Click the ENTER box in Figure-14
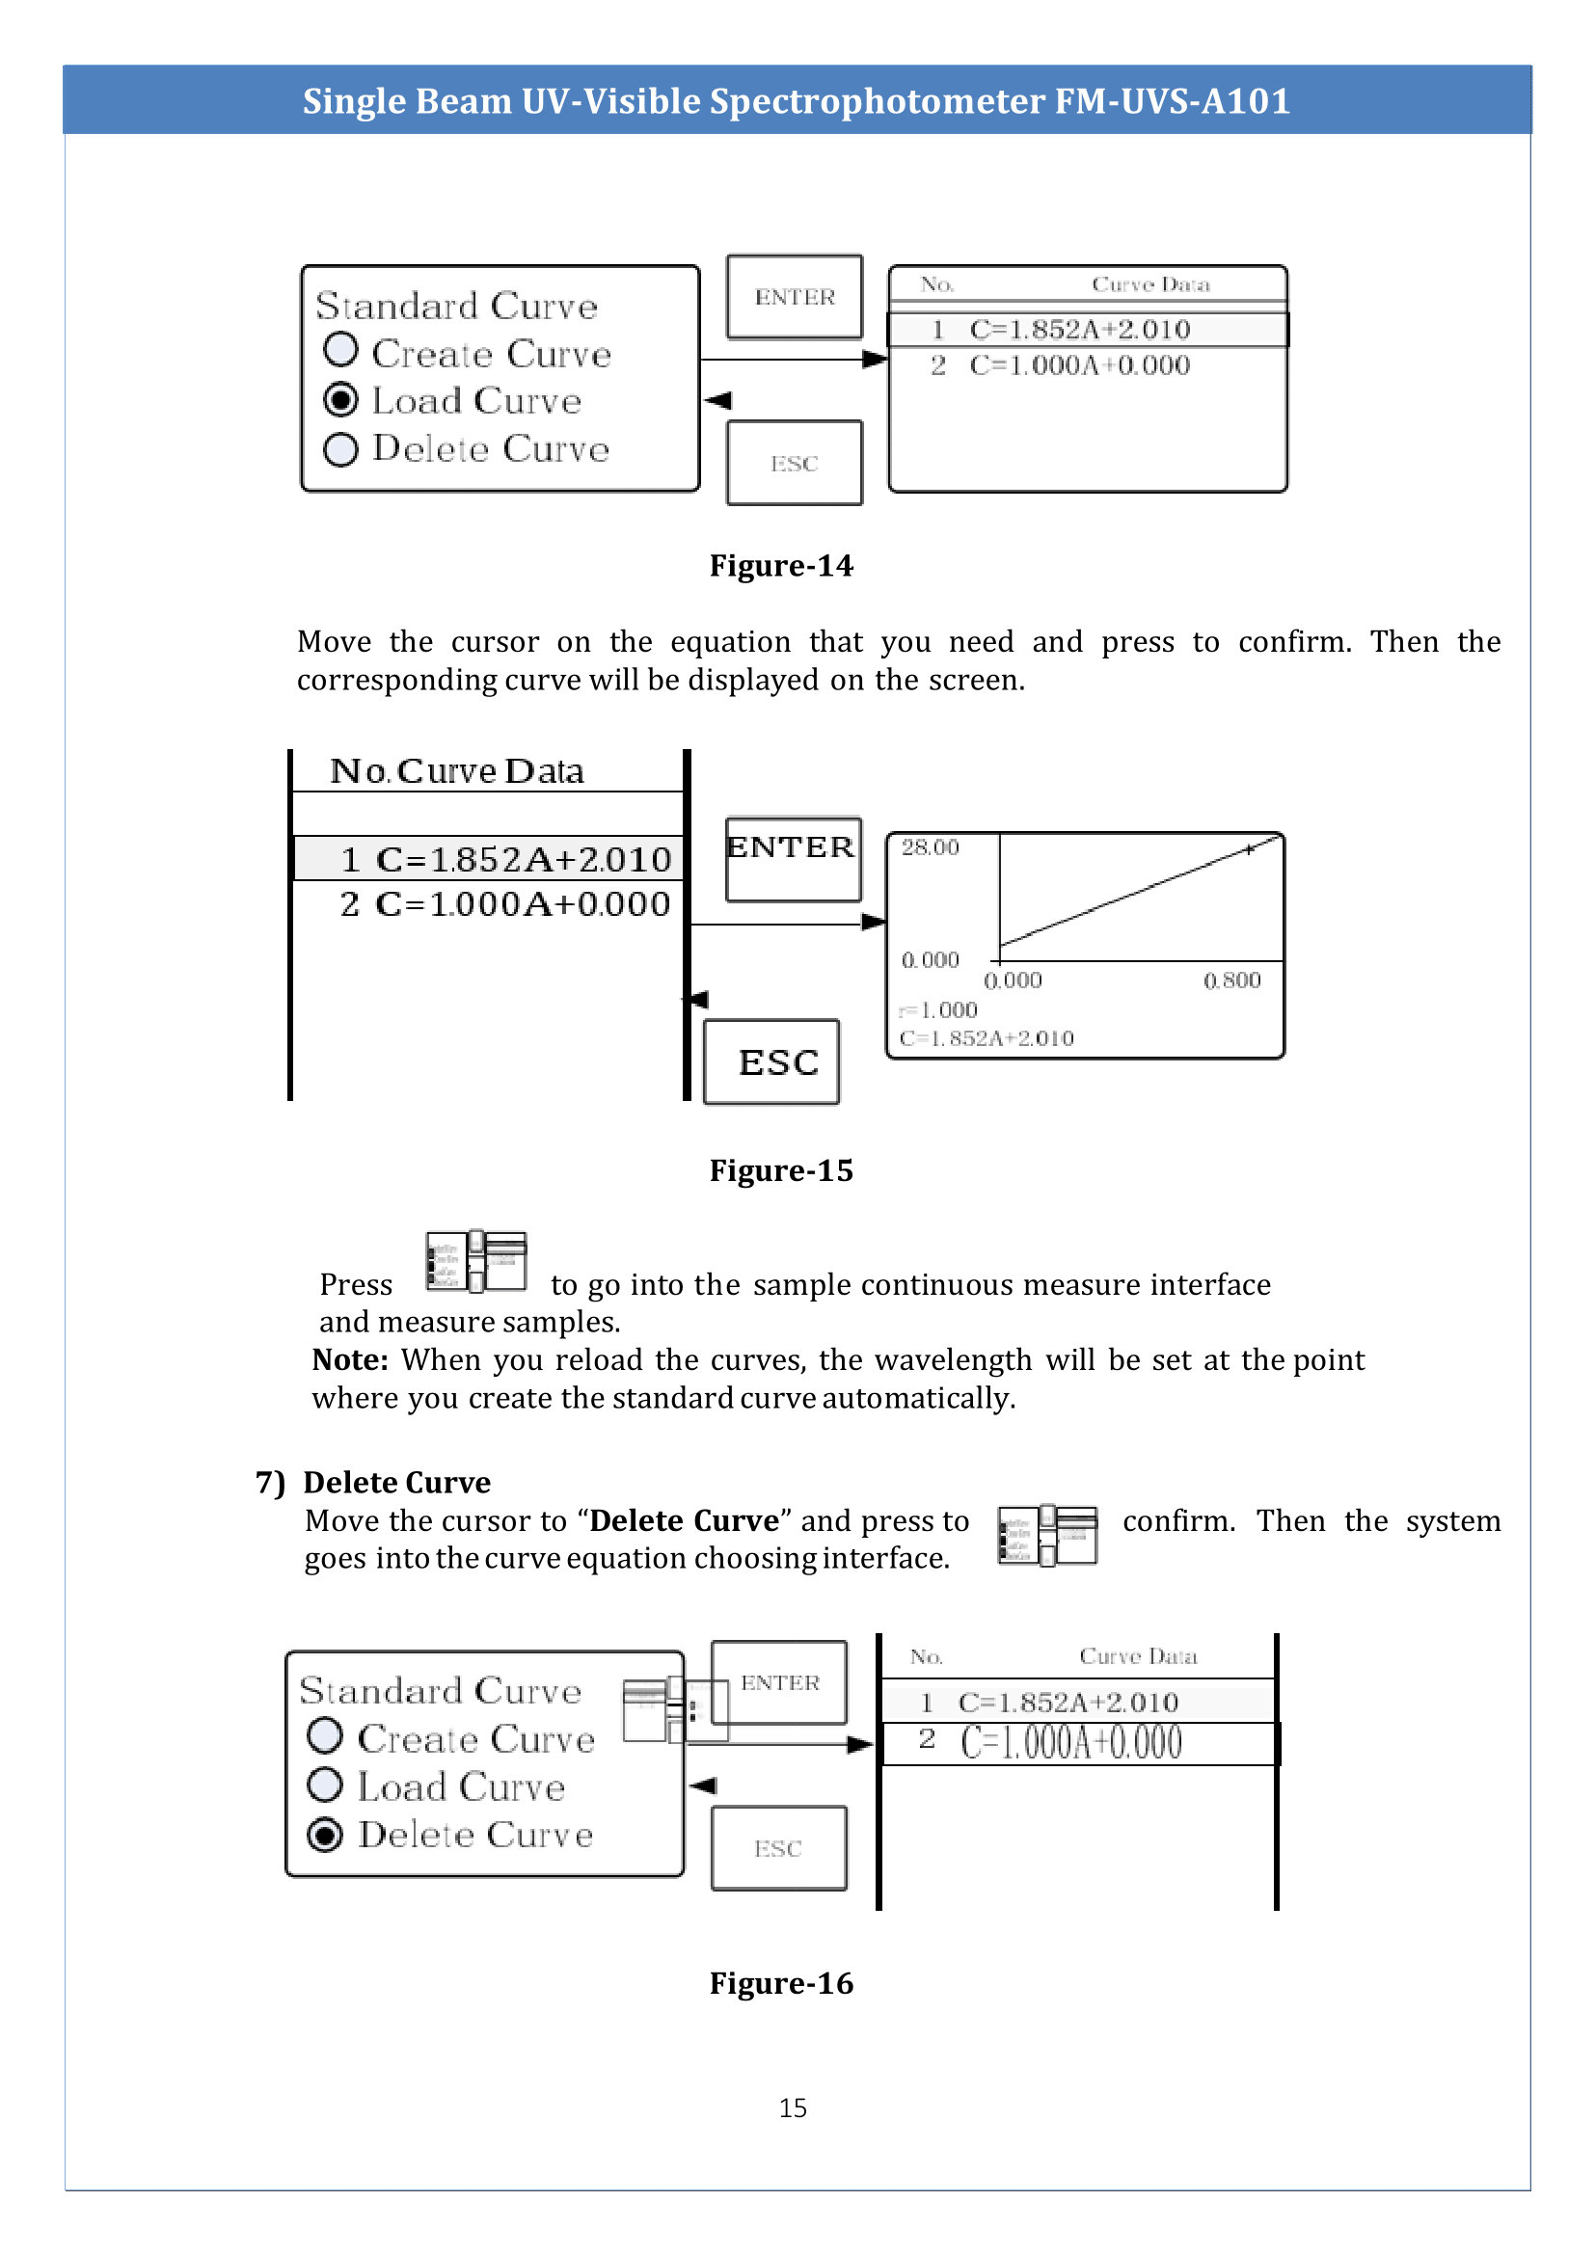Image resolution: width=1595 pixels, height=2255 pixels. click(x=794, y=297)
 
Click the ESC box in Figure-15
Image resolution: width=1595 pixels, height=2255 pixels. click(x=772, y=1061)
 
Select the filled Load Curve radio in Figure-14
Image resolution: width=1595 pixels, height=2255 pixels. click(x=340, y=400)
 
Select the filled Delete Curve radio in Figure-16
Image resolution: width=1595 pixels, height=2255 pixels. click(x=325, y=1834)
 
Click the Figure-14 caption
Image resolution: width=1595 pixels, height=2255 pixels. click(x=781, y=566)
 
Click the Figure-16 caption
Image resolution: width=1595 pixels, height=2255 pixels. click(x=781, y=1983)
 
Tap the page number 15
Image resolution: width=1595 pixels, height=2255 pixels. click(x=793, y=2107)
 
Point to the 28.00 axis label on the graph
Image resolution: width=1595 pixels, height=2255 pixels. click(x=929, y=846)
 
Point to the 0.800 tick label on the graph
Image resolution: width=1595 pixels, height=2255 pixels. click(x=1231, y=980)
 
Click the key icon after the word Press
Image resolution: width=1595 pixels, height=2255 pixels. click(x=476, y=1261)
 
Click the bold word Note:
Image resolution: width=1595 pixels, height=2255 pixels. click(x=350, y=1360)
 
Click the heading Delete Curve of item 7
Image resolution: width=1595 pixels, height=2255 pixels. click(x=395, y=1482)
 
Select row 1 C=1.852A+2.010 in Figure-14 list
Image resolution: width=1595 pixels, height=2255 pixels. click(x=1078, y=329)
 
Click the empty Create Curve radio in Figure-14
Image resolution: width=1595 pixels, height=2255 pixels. click(x=340, y=350)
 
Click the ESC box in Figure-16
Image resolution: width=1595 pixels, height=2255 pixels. click(x=778, y=1848)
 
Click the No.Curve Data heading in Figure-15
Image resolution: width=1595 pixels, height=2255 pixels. click(x=457, y=771)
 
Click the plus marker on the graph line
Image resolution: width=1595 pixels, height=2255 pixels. click(x=1248, y=849)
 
